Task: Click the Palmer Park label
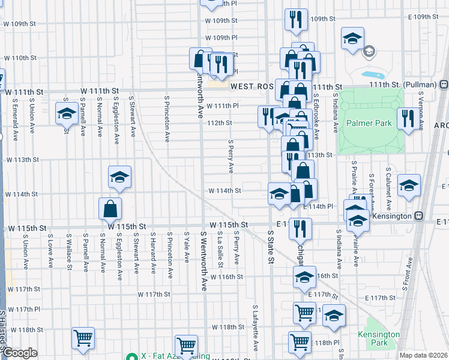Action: (369, 124)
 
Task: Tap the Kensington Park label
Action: (379, 338)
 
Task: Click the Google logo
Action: (19, 353)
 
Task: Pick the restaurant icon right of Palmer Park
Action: (406, 118)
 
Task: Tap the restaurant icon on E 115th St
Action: (301, 228)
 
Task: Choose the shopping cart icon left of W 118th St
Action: (82, 338)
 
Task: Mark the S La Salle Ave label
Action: (221, 248)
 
